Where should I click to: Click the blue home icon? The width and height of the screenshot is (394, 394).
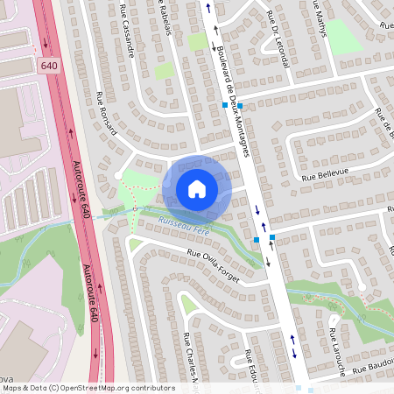pyautogui.click(x=196, y=189)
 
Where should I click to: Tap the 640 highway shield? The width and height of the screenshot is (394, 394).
pyautogui.click(x=48, y=66)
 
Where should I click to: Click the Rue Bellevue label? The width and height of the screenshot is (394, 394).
pyautogui.click(x=325, y=173)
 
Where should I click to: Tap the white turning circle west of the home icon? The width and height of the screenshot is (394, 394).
pyautogui.click(x=118, y=175)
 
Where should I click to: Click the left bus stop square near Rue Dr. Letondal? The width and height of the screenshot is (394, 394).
pyautogui.click(x=225, y=105)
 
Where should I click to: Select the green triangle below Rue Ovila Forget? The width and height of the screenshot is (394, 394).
pyautogui.click(x=187, y=304)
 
